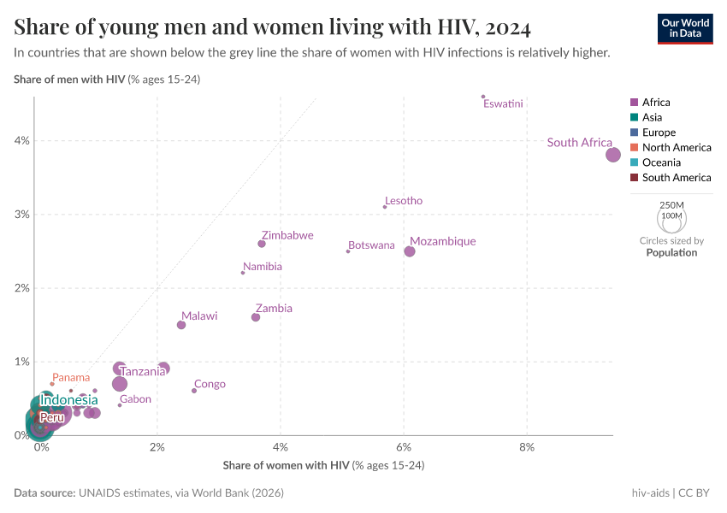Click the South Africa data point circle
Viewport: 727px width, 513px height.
point(613,155)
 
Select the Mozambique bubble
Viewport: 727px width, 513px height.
point(410,251)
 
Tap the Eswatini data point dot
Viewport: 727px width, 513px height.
point(483,97)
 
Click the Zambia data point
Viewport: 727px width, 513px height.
point(256,317)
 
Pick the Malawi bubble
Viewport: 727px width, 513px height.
point(181,325)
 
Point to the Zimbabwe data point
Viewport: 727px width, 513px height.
point(262,244)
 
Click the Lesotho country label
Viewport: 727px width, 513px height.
point(404,201)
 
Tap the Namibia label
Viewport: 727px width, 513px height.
point(263,267)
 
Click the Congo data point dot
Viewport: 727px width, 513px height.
point(194,391)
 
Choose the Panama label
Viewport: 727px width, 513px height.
point(71,377)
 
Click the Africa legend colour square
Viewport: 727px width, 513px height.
point(634,103)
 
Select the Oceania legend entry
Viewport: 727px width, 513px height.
point(661,162)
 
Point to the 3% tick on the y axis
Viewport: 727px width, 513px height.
point(21,215)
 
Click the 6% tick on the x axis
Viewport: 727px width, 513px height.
point(404,447)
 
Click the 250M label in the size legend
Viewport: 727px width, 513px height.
point(672,206)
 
